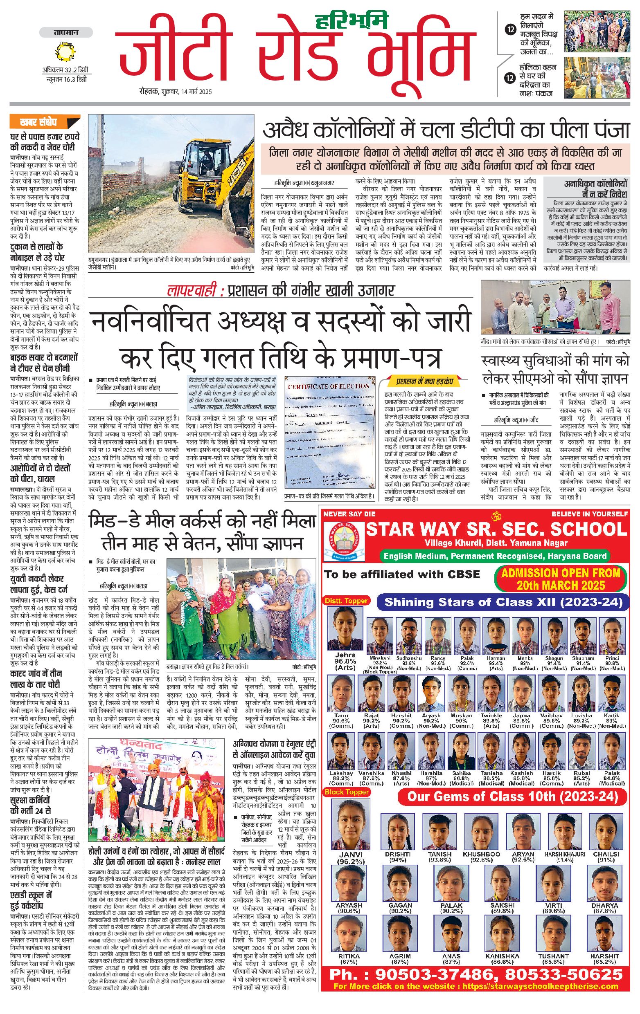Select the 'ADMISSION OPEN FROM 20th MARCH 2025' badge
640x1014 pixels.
(560, 579)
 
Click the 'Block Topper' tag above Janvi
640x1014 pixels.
(346, 792)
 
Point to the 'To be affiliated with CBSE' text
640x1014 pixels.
(402, 574)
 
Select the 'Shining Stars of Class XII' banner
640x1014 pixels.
(503, 602)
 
